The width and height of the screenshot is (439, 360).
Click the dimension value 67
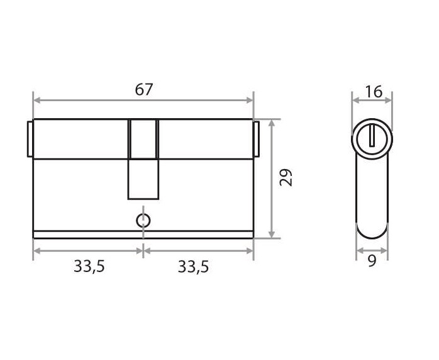(x=144, y=89)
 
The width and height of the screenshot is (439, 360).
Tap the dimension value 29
(x=286, y=177)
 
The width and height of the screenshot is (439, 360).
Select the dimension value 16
(x=374, y=92)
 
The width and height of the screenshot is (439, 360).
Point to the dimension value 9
(x=372, y=261)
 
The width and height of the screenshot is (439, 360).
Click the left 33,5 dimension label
(x=89, y=266)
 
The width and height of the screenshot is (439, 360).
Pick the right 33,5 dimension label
(x=194, y=266)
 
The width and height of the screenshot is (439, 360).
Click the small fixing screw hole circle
(x=143, y=221)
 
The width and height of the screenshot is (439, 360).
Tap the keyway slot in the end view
(x=372, y=136)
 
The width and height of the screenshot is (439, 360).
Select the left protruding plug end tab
(x=30, y=139)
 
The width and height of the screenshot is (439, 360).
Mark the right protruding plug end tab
(x=257, y=139)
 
